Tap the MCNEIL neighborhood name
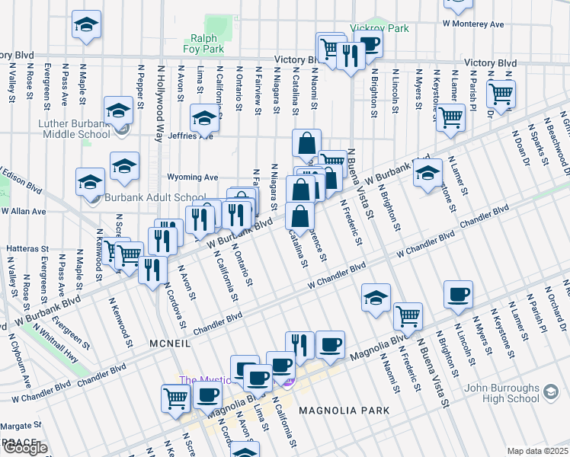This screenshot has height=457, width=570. pos(168,344)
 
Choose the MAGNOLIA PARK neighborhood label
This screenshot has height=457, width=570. pos(344,411)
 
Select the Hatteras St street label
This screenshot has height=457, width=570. pos(27,248)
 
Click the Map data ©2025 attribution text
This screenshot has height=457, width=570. pos(536,451)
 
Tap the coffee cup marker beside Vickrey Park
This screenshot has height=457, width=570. pos(369,43)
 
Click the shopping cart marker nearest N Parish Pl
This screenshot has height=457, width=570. pos(501,94)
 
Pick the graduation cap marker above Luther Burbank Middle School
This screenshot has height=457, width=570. pos(119,110)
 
